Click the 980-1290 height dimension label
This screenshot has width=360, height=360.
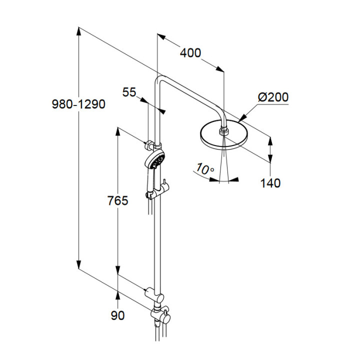78,104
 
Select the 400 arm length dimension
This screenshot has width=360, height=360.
190,52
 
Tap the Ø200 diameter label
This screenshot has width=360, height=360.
273,97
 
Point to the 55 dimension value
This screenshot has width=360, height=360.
129,92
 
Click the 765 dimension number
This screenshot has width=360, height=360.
118,201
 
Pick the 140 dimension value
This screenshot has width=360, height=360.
270,183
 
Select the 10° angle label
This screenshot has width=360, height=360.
204,168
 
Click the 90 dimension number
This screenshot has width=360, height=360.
117,315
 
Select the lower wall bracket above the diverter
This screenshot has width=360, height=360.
151,291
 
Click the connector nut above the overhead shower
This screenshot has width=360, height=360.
223,131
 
